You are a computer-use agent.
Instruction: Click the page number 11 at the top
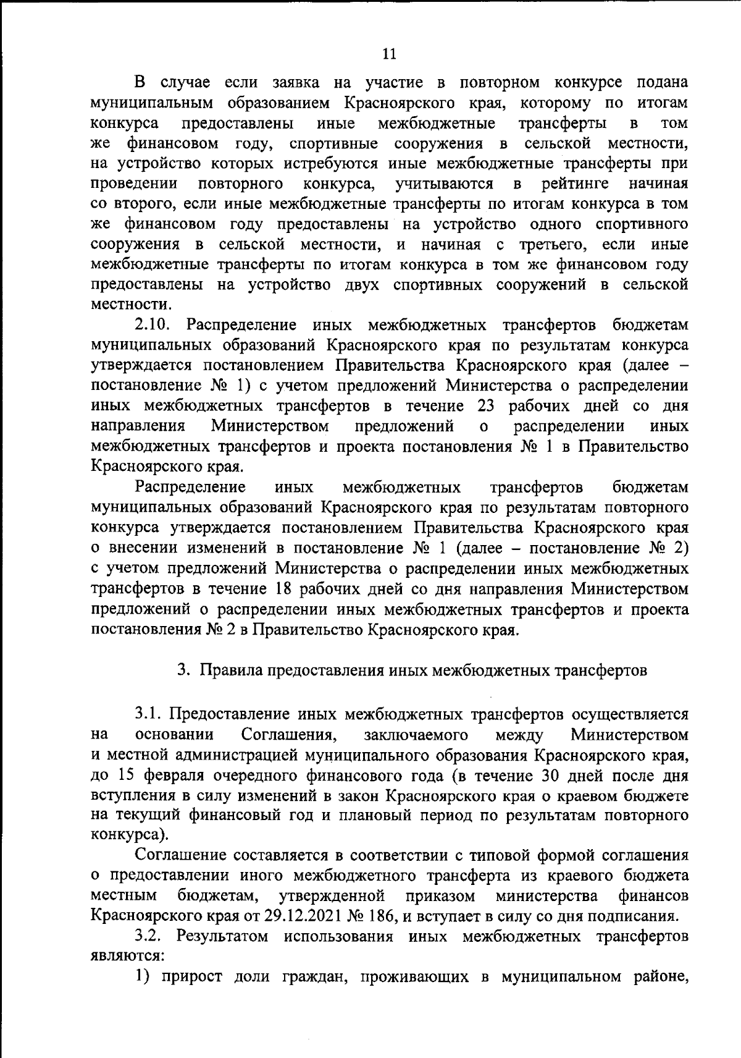389,54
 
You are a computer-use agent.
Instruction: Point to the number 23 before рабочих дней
490,406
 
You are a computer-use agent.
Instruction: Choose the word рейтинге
575,184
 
